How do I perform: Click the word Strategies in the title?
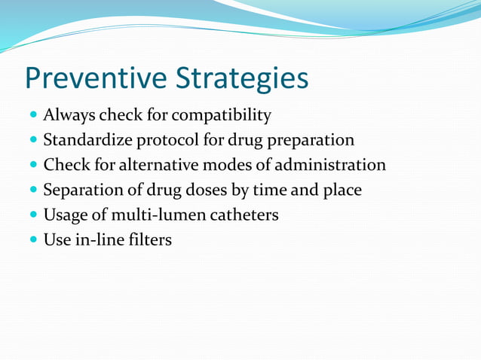coord(242,78)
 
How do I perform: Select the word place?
coord(342,190)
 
